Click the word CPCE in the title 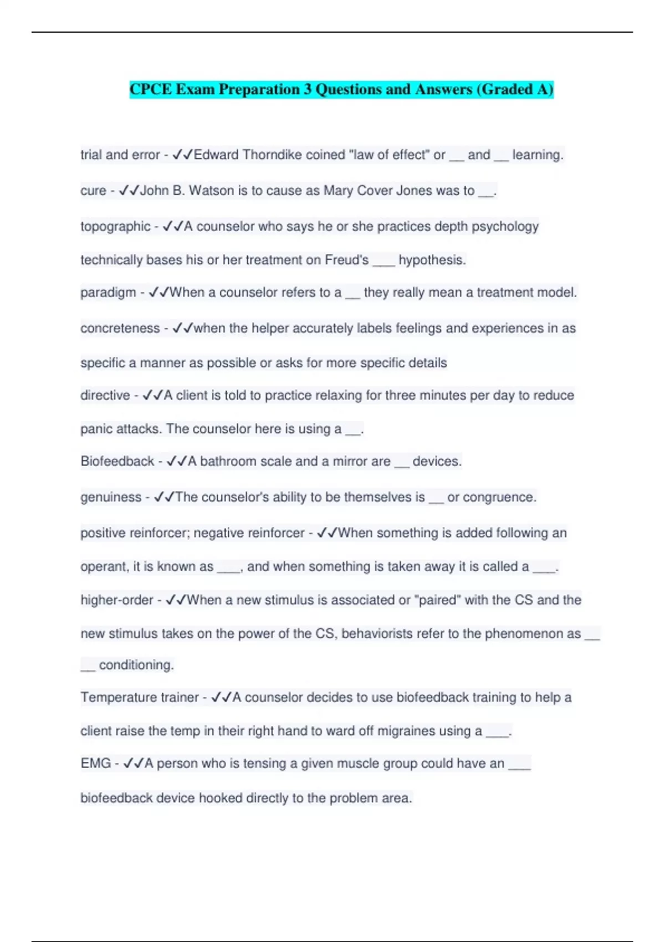coord(151,89)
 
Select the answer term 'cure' coord(93,191)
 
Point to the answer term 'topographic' coord(115,227)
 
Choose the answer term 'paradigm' coord(108,293)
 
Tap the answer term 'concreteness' coord(120,329)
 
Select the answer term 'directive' coord(105,396)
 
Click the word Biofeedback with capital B coord(117,462)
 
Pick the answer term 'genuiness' coord(111,498)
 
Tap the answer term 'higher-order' coord(117,600)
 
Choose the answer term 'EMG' coord(95,764)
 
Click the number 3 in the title coord(307,89)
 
